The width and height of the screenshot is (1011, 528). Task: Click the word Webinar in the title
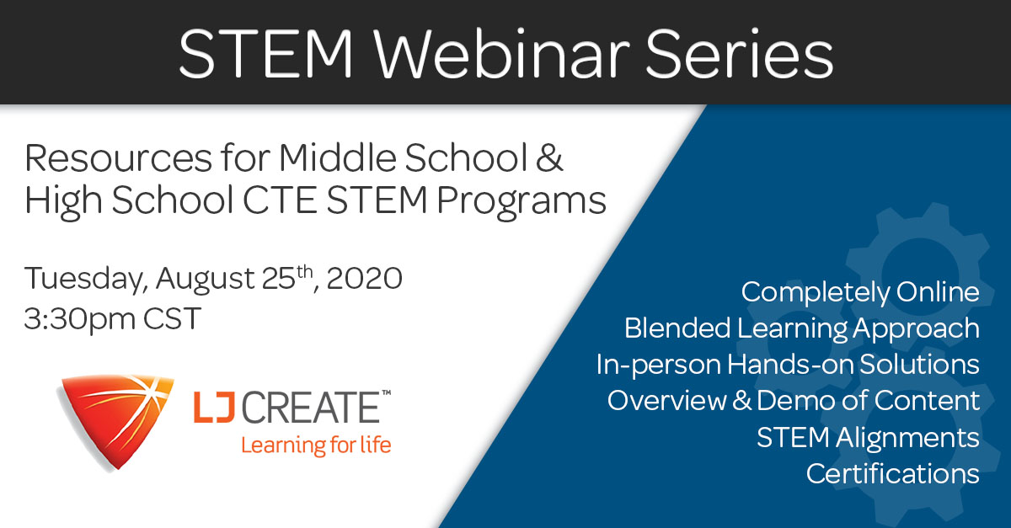(x=504, y=54)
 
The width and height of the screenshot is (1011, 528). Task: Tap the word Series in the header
(x=740, y=54)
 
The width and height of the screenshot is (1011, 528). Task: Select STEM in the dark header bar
(x=265, y=54)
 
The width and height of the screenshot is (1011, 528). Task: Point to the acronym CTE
(x=280, y=200)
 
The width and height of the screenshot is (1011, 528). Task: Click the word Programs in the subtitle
(x=521, y=202)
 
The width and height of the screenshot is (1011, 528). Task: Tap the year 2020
(x=364, y=278)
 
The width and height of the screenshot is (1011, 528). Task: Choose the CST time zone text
(x=172, y=318)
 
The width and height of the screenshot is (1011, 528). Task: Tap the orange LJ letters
(x=214, y=407)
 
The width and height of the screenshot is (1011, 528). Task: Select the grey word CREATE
(x=312, y=407)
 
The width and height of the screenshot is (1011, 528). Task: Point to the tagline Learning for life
(x=316, y=445)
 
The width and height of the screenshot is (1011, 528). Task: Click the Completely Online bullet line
(x=860, y=293)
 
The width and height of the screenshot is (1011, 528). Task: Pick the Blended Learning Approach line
(x=802, y=329)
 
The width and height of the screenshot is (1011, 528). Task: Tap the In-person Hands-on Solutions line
(x=788, y=365)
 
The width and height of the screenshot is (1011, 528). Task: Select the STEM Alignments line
(x=868, y=438)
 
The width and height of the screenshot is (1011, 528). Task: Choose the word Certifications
(x=893, y=474)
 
